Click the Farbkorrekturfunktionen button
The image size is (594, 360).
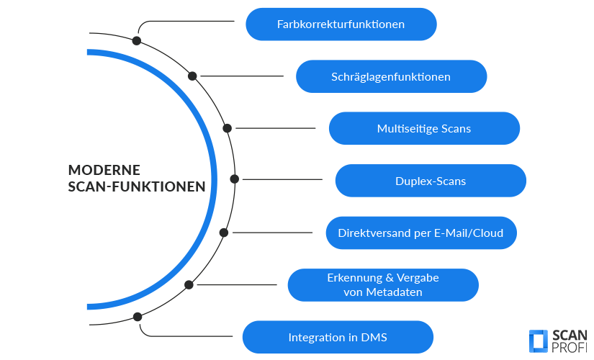coord(341,24)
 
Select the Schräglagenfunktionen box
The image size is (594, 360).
coord(391,76)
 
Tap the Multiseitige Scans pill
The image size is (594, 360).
coord(423,129)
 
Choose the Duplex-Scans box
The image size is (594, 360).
coord(430,181)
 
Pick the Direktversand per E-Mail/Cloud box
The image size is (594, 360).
coord(420,233)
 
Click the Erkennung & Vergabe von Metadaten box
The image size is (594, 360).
coord(382,285)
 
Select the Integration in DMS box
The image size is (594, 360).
coord(337,337)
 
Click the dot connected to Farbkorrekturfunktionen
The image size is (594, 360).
coord(137,40)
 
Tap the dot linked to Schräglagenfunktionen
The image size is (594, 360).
coord(192,76)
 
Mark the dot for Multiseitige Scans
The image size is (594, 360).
coord(227,128)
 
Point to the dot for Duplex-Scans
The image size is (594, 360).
coord(234,179)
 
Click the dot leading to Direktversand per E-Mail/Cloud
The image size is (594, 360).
coord(224,233)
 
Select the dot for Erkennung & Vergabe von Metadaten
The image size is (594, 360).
coord(189,284)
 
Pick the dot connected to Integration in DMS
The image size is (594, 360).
coord(138,316)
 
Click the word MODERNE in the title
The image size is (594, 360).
coord(104,170)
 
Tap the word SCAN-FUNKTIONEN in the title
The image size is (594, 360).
coord(136,186)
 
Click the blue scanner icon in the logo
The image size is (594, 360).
coord(538,341)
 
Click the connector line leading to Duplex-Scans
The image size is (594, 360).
coord(281,179)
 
